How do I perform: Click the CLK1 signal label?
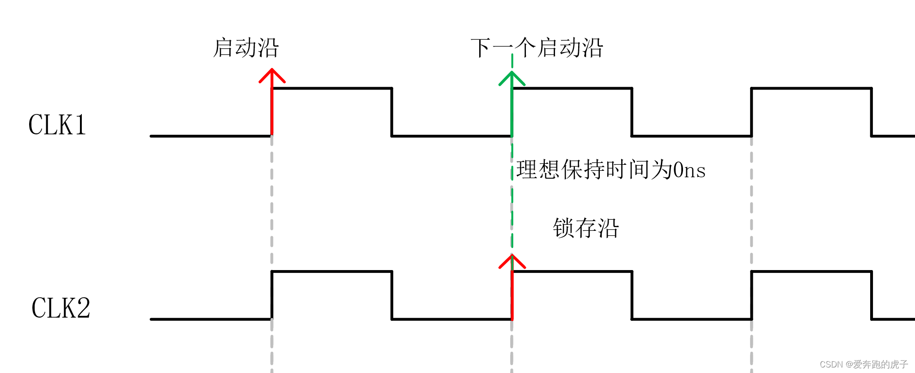(57, 125)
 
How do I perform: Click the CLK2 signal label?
(61, 308)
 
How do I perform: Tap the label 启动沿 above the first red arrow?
(245, 48)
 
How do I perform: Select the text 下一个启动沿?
(537, 48)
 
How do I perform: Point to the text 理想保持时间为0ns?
(610, 170)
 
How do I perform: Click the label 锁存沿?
(586, 228)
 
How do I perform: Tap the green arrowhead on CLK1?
(512, 77)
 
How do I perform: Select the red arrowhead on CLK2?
(512, 260)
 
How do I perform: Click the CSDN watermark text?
(864, 364)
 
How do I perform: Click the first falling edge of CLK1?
(391, 112)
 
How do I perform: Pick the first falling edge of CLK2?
(391, 295)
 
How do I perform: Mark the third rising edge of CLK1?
(751, 112)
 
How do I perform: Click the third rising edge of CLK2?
(751, 295)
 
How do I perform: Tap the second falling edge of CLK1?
(632, 112)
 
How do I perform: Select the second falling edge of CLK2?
(632, 295)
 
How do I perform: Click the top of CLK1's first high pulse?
(332, 88)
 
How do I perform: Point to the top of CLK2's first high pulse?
(332, 271)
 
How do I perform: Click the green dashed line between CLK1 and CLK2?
(512, 203)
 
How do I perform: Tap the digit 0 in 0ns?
(678, 170)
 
